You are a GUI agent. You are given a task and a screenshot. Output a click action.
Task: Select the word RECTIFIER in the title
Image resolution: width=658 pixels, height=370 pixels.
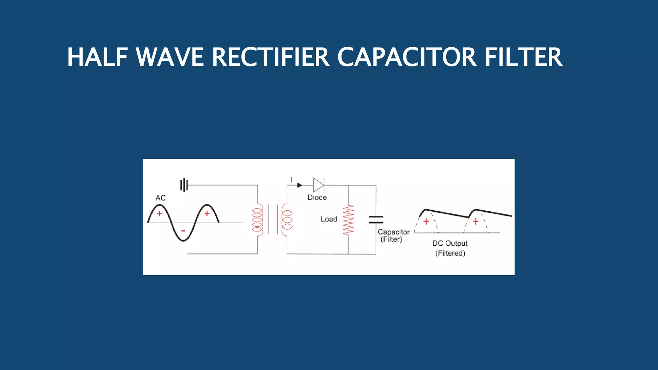click(271, 57)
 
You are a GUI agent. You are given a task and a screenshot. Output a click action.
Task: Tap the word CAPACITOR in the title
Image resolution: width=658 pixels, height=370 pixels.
click(407, 57)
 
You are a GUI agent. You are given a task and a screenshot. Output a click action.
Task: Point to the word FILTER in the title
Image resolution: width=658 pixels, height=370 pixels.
click(523, 57)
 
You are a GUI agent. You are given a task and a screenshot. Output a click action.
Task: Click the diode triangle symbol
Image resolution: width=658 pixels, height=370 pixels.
click(318, 185)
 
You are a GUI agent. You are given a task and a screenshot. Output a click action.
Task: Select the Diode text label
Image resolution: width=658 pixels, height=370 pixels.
click(317, 198)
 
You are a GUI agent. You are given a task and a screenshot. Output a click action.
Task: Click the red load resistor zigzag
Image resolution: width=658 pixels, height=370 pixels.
click(348, 220)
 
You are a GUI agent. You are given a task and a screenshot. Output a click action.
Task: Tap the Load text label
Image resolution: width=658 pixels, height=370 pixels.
click(329, 219)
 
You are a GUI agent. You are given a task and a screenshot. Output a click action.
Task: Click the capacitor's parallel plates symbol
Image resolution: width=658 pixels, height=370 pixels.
click(376, 220)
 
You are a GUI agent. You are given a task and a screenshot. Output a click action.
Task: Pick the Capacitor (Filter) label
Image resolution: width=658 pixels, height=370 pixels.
click(393, 235)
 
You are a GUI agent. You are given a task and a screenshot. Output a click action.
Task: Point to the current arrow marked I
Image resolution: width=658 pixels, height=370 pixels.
click(299, 185)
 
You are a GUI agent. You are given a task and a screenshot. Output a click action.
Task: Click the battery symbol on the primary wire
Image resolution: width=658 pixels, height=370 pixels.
click(184, 185)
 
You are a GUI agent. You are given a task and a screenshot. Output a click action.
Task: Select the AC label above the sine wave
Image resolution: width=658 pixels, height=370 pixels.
click(160, 198)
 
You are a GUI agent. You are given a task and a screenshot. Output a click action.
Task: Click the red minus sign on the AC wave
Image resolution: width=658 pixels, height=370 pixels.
click(183, 231)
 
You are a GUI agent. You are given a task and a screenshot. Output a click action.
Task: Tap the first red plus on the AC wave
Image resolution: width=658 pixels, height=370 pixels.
click(159, 214)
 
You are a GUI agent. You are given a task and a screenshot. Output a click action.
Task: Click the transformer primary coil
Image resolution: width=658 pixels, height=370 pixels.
click(257, 220)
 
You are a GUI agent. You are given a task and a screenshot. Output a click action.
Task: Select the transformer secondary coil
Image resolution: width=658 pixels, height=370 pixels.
click(287, 220)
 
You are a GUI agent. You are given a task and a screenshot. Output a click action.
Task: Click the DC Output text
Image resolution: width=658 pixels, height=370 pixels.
click(449, 243)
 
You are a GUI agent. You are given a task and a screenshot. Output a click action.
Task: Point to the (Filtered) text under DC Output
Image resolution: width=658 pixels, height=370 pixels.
click(450, 253)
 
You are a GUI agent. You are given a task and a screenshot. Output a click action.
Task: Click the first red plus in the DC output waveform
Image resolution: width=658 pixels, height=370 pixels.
click(426, 222)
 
